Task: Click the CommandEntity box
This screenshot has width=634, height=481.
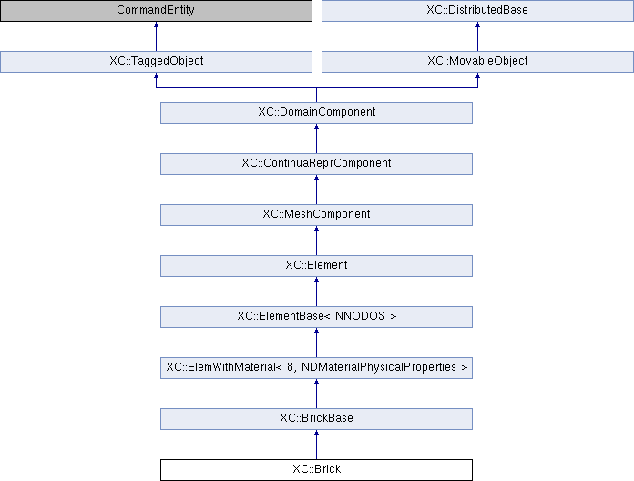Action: pyautogui.click(x=156, y=11)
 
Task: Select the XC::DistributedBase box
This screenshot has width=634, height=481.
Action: pyautogui.click(x=477, y=11)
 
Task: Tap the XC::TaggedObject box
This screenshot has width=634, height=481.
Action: pyautogui.click(x=156, y=62)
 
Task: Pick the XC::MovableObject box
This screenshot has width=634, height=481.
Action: pyautogui.click(x=477, y=62)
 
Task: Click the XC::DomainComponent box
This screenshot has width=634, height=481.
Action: pyautogui.click(x=316, y=113)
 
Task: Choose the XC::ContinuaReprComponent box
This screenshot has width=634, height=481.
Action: pyautogui.click(x=316, y=164)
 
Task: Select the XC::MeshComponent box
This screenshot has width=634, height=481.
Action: pyautogui.click(x=316, y=215)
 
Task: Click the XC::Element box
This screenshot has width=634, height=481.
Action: pyautogui.click(x=316, y=266)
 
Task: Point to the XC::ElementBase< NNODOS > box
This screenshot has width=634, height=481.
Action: pyautogui.click(x=316, y=317)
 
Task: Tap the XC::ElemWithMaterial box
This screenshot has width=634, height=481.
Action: pyautogui.click(x=316, y=368)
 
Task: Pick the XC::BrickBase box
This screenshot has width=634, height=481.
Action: pyautogui.click(x=316, y=419)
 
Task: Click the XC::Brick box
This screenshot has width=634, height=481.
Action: pyautogui.click(x=316, y=470)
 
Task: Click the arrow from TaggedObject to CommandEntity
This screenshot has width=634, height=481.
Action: pyautogui.click(x=156, y=36)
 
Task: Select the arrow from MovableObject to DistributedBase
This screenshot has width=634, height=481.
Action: pyautogui.click(x=477, y=36)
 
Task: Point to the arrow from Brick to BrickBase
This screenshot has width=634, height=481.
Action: pyautogui.click(x=316, y=445)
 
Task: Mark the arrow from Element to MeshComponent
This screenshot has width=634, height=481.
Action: pyautogui.click(x=316, y=240)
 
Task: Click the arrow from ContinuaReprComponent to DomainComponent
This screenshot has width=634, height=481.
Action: pyautogui.click(x=316, y=138)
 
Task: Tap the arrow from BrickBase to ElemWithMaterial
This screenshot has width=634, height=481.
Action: pyautogui.click(x=316, y=394)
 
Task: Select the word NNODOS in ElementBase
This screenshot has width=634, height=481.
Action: pyautogui.click(x=360, y=316)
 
